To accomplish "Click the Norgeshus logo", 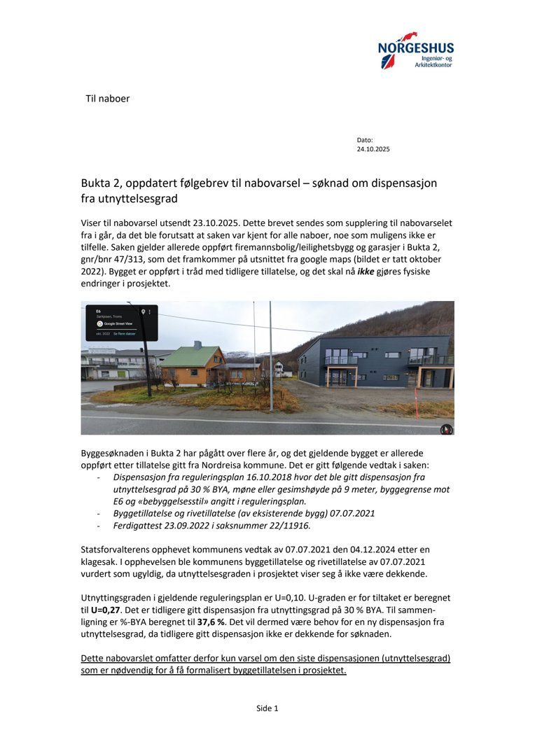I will (x=415, y=50).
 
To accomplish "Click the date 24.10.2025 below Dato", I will (x=373, y=149).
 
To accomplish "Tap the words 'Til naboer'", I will (x=107, y=99).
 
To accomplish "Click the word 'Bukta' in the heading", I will (x=96, y=183).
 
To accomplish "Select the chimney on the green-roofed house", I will (x=198, y=345).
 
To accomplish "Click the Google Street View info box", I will (x=121, y=323).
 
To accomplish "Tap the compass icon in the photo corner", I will (x=445, y=428).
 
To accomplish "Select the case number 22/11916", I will (x=288, y=525).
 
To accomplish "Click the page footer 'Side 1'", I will (x=267, y=708).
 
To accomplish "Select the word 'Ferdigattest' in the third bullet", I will (x=127, y=525).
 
